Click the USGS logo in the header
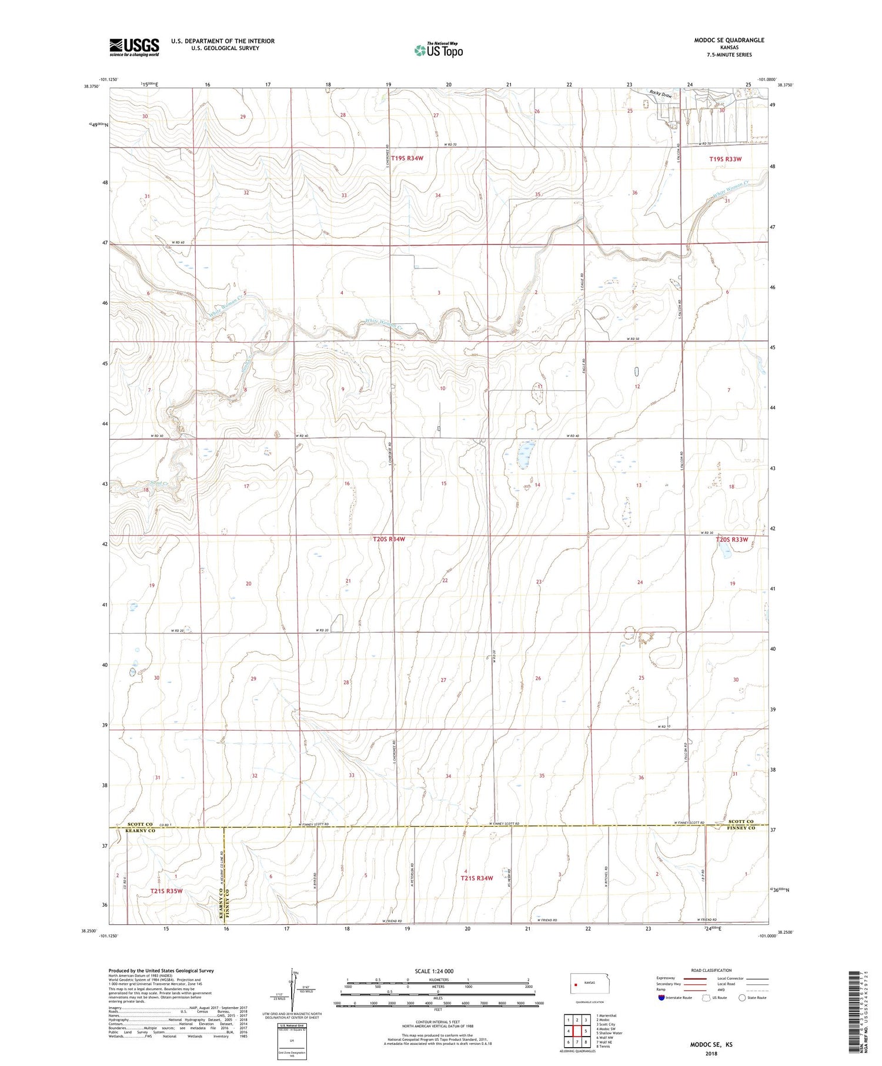134,47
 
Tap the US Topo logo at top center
438,51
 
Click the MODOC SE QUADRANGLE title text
729,40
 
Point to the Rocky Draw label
660,94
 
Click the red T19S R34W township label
403,158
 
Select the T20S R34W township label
389,539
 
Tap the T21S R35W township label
166,891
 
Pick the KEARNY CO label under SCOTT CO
141,831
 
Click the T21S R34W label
477,878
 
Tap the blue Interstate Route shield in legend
661,997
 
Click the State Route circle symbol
743,997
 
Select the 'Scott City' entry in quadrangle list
606,1024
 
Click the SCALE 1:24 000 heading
435,971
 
